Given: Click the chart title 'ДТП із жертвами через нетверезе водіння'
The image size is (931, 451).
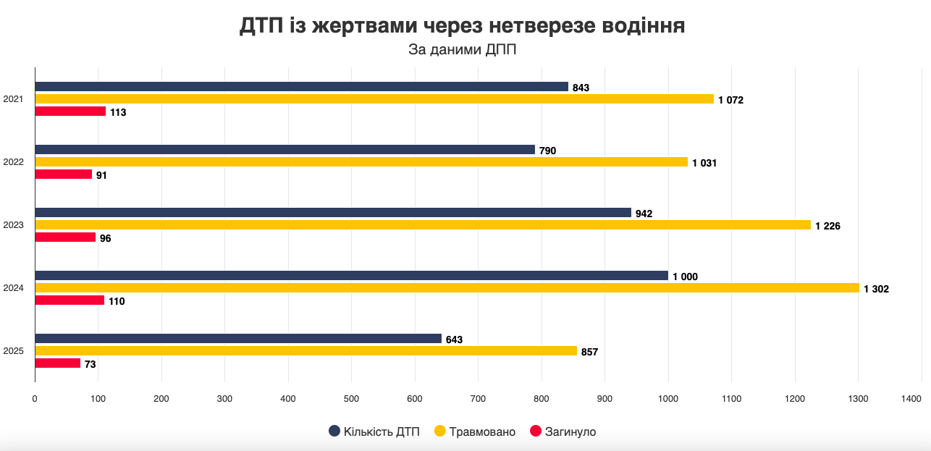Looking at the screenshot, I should pyautogui.click(x=462, y=26).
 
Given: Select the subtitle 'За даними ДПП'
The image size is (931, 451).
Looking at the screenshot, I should pyautogui.click(x=462, y=50).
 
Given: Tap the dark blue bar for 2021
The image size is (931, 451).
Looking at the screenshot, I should pyautogui.click(x=301, y=87).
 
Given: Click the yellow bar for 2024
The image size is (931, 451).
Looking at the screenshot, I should pyautogui.click(x=447, y=288).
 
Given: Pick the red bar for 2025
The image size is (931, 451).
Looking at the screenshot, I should pyautogui.click(x=57, y=363).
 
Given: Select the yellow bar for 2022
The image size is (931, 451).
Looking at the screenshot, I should pyautogui.click(x=361, y=162).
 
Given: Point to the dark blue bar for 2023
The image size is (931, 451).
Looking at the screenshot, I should pyautogui.click(x=333, y=213).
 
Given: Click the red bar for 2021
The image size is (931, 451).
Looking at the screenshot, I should pyautogui.click(x=70, y=111).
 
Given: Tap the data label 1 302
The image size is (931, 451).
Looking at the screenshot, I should pyautogui.click(x=876, y=289).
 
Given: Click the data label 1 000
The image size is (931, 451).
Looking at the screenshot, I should pyautogui.click(x=685, y=277).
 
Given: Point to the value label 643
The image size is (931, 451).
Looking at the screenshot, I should pyautogui.click(x=454, y=340).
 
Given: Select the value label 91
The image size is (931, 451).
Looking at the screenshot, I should pyautogui.click(x=101, y=175).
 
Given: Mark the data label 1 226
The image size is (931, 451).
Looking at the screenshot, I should pyautogui.click(x=827, y=226).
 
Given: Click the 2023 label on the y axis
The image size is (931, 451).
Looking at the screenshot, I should pyautogui.click(x=14, y=225).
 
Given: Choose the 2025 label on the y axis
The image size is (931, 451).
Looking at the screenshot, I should pyautogui.click(x=14, y=351).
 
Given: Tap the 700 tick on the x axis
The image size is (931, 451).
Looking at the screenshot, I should pyautogui.click(x=478, y=398).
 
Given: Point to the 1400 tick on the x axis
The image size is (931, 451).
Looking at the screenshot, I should pyautogui.click(x=911, y=398).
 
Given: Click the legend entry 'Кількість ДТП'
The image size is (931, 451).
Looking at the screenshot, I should pyautogui.click(x=375, y=431).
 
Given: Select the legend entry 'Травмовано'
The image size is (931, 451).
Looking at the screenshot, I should pyautogui.click(x=474, y=431).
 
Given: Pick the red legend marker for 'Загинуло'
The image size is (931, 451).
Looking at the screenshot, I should pyautogui.click(x=536, y=431).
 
